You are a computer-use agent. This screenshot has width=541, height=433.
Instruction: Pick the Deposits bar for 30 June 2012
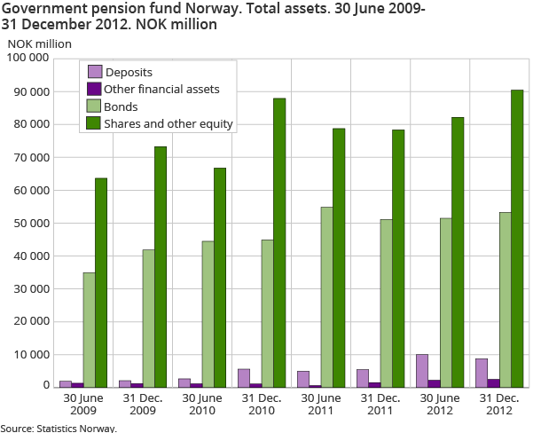(x=421, y=370)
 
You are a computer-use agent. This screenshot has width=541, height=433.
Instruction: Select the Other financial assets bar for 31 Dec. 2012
(x=493, y=382)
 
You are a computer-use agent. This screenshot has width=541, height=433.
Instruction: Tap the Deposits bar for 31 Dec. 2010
(x=243, y=378)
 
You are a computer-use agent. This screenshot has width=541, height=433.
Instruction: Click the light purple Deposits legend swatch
(x=93, y=72)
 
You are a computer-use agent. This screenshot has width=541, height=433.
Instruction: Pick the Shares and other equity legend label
(x=169, y=124)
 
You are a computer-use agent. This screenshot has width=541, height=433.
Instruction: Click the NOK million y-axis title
(x=40, y=43)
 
